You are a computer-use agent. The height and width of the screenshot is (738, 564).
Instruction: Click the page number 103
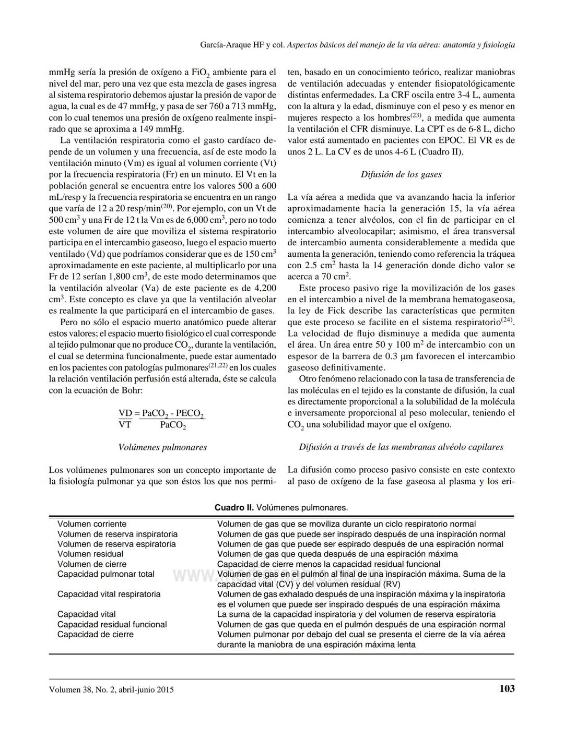pos(507,688)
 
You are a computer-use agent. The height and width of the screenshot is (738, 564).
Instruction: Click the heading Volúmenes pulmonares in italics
pos(162,447)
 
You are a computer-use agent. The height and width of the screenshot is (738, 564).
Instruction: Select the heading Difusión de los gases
pos(401,174)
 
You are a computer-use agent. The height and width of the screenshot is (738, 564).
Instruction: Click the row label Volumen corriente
pos(92,524)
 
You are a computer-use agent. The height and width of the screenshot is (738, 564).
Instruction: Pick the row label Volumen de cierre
pos(92,564)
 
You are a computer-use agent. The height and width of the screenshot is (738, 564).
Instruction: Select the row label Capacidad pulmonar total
pos(106,574)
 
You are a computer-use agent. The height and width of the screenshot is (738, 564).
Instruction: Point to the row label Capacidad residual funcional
pos(112,624)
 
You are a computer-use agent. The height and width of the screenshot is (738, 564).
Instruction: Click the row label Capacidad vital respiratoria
pos(109,594)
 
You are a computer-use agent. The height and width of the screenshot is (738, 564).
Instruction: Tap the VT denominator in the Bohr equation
pos(125,424)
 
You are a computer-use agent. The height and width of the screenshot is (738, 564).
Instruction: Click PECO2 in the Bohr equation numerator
pos(190,413)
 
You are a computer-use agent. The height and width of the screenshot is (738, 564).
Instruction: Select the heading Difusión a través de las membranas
pos(401,447)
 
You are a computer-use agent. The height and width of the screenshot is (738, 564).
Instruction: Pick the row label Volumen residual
pos(90,554)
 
